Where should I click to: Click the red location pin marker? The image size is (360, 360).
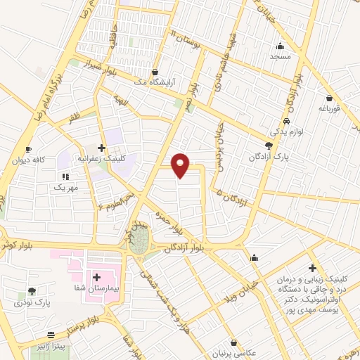pyautogui.click(x=181, y=165)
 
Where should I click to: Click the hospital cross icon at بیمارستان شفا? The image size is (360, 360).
pyautogui.click(x=96, y=277)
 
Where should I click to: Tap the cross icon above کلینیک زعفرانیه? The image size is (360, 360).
pyautogui.click(x=102, y=148)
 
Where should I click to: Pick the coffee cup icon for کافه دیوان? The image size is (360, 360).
pyautogui.click(x=28, y=150)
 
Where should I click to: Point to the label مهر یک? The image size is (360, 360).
pyautogui.click(x=65, y=188)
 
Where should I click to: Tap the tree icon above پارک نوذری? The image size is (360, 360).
pyautogui.click(x=32, y=291)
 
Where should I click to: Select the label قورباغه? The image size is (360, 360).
pyautogui.click(x=329, y=108)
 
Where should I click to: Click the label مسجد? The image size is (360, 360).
pyautogui.click(x=280, y=57)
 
